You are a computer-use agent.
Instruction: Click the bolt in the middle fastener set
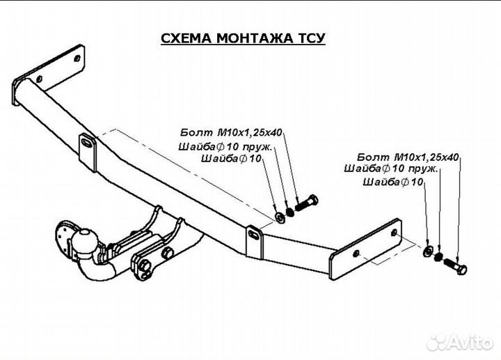(x=306, y=203)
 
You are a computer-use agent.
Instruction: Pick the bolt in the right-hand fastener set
(x=455, y=265)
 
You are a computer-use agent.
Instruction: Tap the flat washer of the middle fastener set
(x=280, y=217)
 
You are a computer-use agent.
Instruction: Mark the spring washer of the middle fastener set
(x=290, y=212)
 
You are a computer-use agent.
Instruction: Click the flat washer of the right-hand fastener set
(x=428, y=251)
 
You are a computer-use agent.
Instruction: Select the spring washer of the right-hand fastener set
(x=438, y=256)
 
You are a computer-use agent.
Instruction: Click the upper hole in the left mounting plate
(x=77, y=58)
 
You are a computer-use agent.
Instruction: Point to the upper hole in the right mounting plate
(x=395, y=233)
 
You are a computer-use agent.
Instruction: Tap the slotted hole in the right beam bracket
(x=254, y=235)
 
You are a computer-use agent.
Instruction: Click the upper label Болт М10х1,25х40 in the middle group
(x=231, y=132)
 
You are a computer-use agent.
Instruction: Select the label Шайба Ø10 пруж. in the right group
(x=391, y=169)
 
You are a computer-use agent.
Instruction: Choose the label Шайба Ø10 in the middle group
(x=231, y=158)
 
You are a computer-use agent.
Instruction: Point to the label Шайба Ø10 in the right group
(x=393, y=182)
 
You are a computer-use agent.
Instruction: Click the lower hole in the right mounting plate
(x=356, y=254)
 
